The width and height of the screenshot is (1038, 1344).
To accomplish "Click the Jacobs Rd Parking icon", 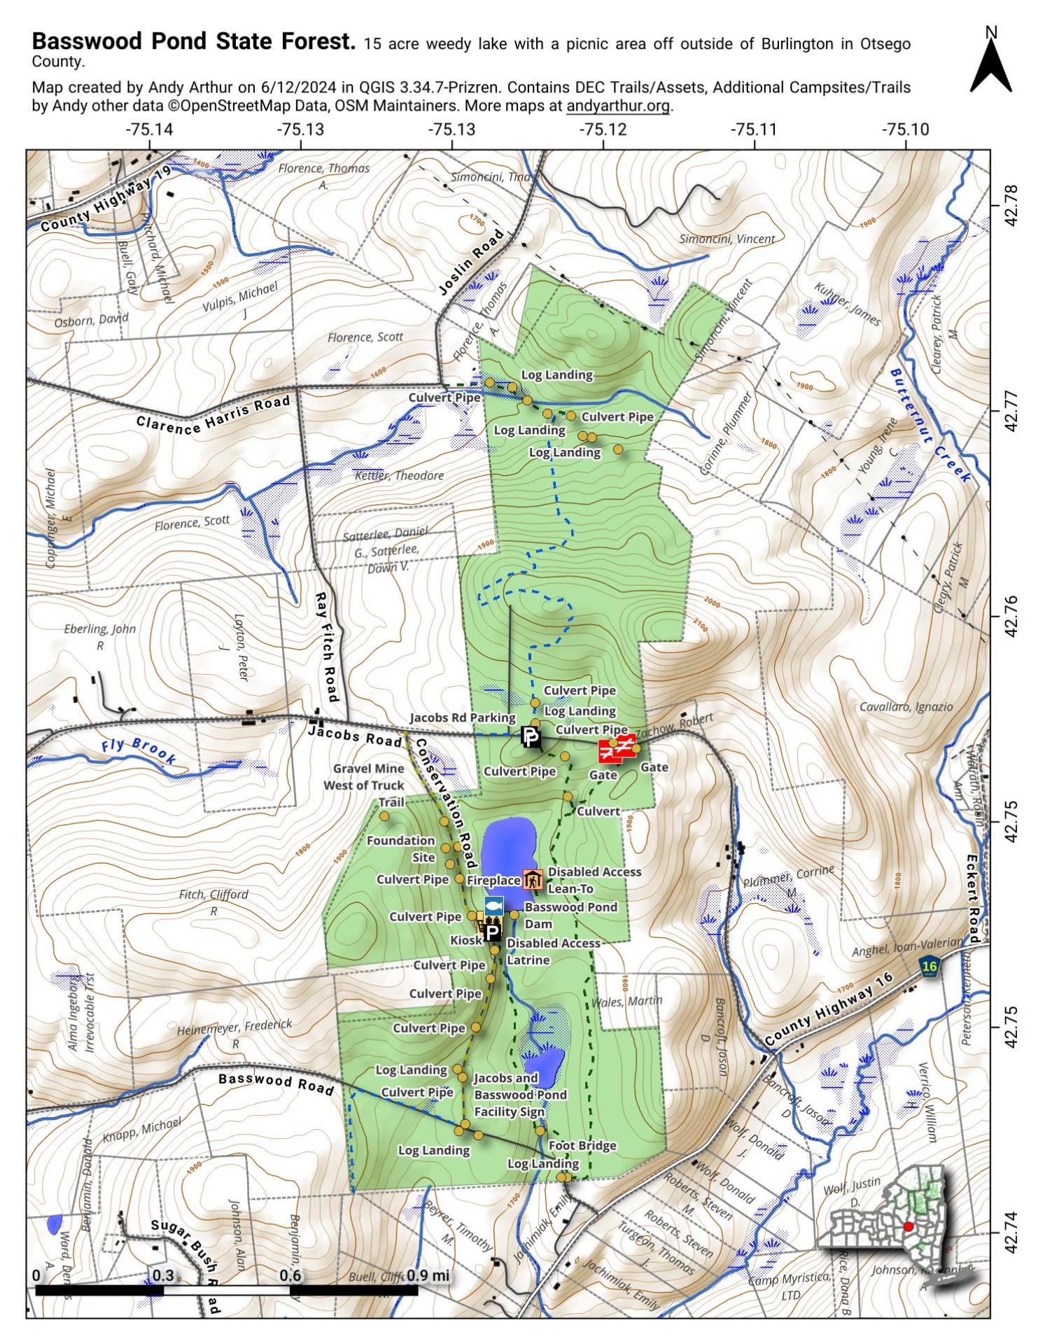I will pyautogui.click(x=531, y=737).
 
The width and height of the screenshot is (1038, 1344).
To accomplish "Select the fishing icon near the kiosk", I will pyautogui.click(x=493, y=904).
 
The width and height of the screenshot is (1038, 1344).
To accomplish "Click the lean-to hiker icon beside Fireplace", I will pyautogui.click(x=533, y=880).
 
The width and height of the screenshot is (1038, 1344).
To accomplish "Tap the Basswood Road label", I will pyautogui.click(x=276, y=1084).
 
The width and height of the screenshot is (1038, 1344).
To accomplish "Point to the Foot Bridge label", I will pyautogui.click(x=582, y=1145).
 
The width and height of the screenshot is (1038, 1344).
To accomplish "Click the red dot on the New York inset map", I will pyautogui.click(x=908, y=1226).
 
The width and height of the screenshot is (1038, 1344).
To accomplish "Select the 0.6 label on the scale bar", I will pyautogui.click(x=290, y=1275).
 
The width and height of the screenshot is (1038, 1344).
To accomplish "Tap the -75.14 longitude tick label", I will pyautogui.click(x=149, y=129).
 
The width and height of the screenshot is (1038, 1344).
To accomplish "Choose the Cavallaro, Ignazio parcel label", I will pyautogui.click(x=906, y=707).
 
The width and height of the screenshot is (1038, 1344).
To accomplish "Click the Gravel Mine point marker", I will pyautogui.click(x=384, y=816).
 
